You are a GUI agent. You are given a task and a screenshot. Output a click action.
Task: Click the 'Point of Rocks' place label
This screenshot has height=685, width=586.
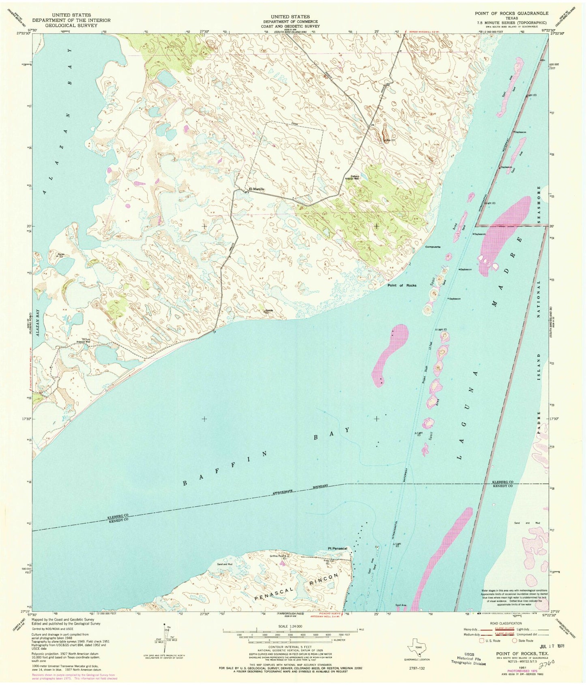coord(401,285)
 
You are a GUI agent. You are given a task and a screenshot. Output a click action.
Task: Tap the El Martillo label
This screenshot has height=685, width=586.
coord(256,189)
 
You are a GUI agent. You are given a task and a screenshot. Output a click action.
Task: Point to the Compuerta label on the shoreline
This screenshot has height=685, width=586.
coord(433,246)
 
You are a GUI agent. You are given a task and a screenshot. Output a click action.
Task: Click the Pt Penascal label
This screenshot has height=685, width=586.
coord(337,548)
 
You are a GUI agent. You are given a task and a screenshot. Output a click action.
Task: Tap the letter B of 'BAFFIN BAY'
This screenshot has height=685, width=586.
coord(185,483)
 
